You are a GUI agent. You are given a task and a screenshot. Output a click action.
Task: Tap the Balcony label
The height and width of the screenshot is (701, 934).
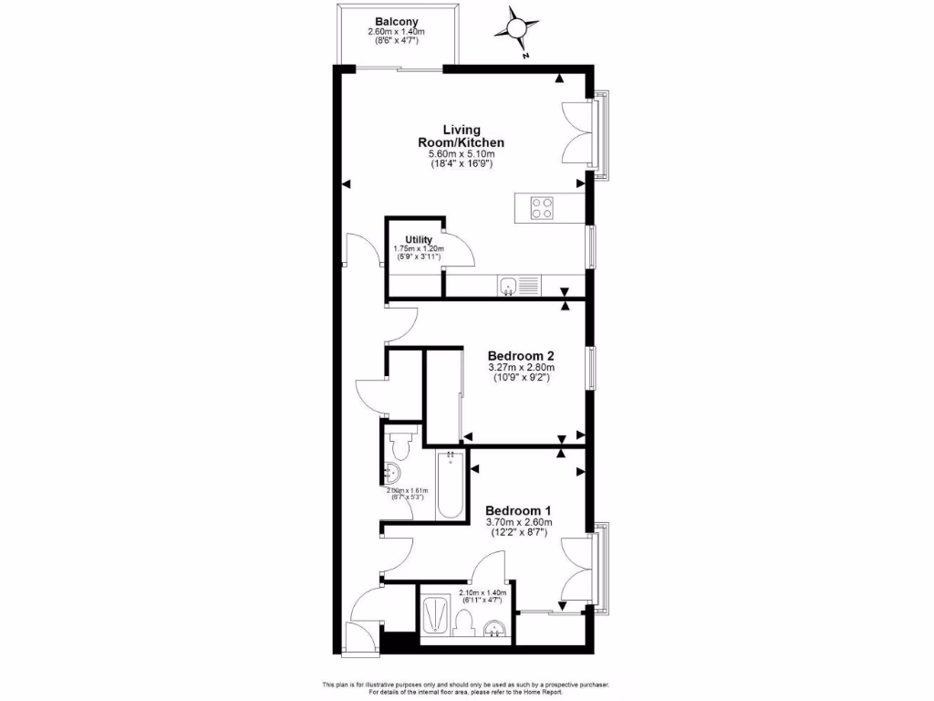click(396, 21)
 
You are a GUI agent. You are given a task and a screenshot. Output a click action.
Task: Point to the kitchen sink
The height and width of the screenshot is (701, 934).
click(508, 287)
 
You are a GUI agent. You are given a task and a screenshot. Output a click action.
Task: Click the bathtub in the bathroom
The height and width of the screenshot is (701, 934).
click(451, 487)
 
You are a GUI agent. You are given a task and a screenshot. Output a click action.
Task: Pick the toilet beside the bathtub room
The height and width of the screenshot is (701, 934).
click(400, 445)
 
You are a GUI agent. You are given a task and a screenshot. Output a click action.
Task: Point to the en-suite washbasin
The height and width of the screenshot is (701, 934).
click(494, 629)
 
